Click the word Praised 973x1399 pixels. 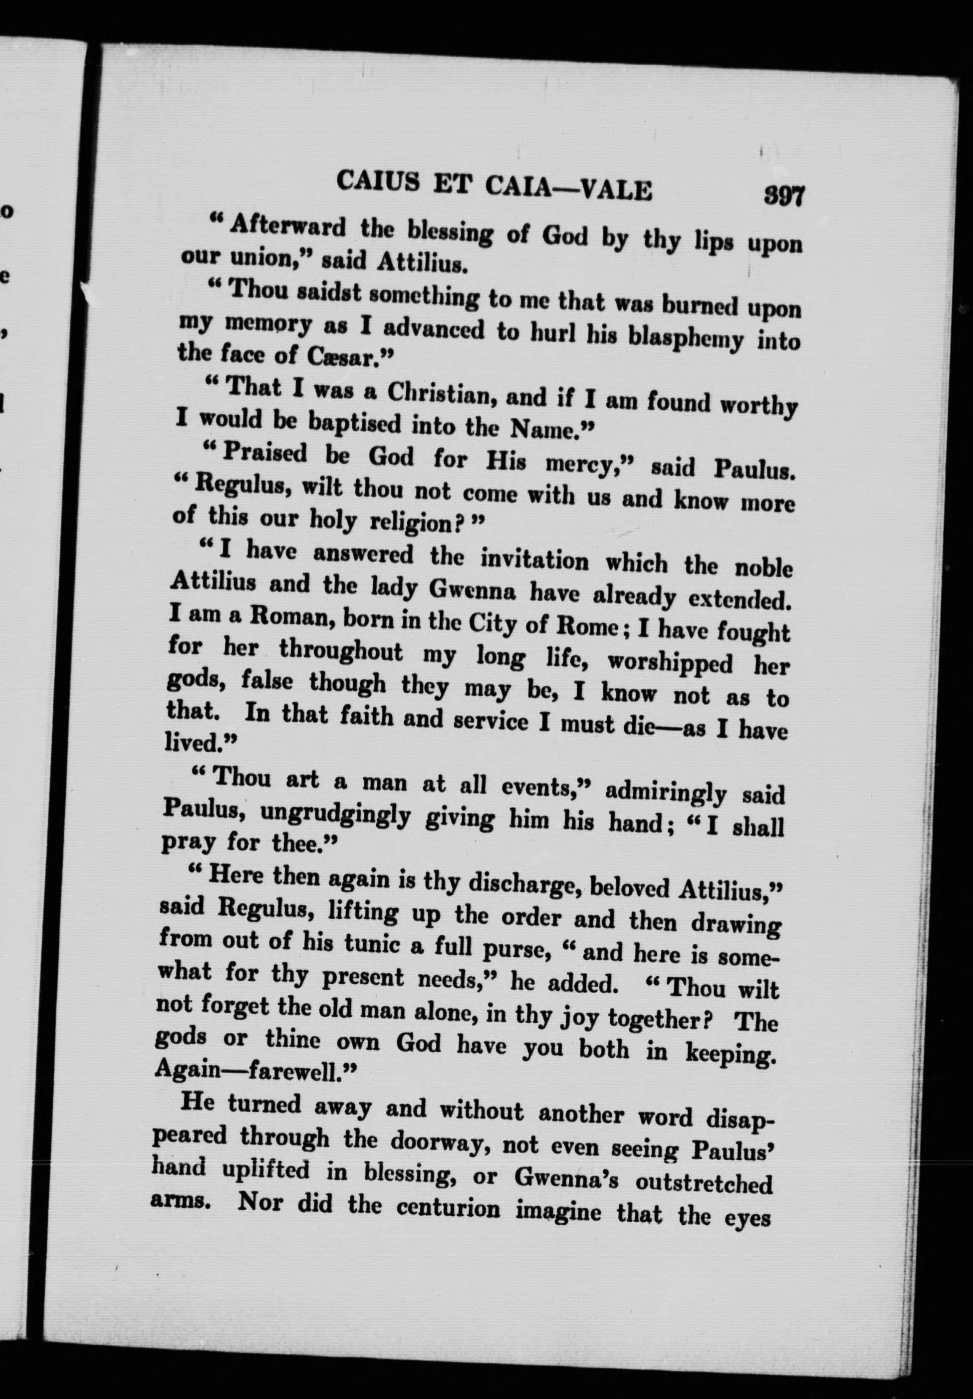[x=265, y=453]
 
